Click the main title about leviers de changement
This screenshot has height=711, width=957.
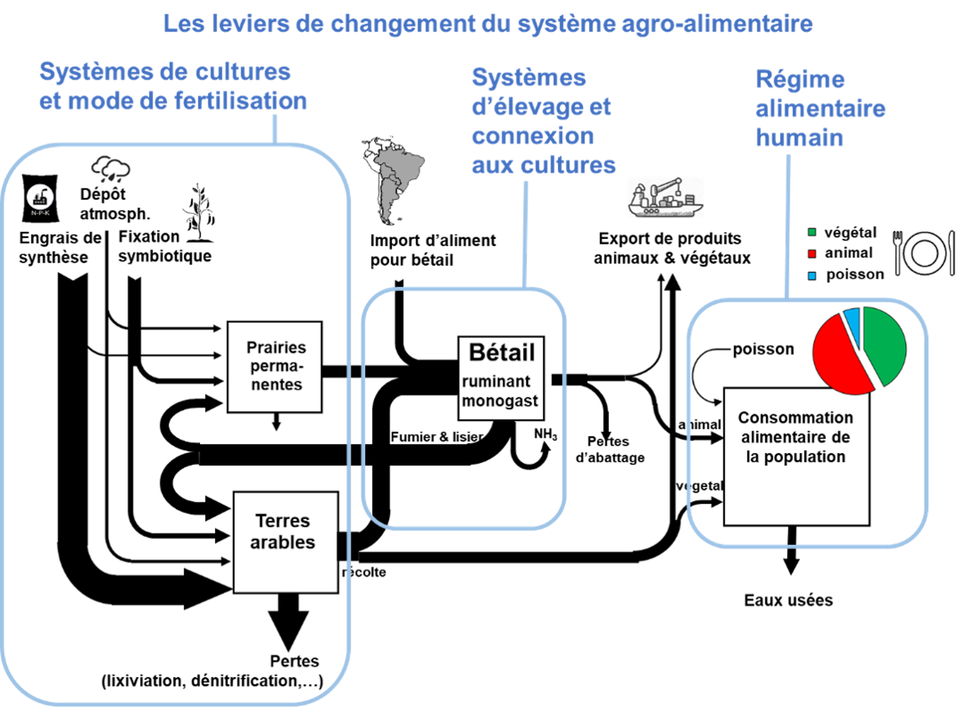click(488, 24)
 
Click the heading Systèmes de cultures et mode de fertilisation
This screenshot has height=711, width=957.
click(172, 86)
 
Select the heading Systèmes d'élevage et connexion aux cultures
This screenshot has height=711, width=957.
click(543, 121)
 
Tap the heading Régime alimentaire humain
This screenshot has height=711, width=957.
click(820, 109)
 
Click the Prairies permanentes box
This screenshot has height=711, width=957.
click(275, 367)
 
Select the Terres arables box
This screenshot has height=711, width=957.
click(286, 542)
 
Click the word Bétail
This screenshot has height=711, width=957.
click(502, 352)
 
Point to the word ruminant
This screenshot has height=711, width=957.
click(496, 382)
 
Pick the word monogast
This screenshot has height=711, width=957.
click(500, 401)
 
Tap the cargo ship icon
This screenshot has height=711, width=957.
click(665, 197)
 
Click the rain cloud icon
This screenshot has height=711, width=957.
click(111, 169)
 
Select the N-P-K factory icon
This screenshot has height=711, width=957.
click(40, 198)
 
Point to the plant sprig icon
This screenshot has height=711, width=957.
click(199, 207)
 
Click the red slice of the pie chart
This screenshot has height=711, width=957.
click(838, 356)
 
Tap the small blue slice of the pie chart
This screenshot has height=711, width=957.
click(853, 324)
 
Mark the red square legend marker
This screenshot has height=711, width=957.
click(812, 254)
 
